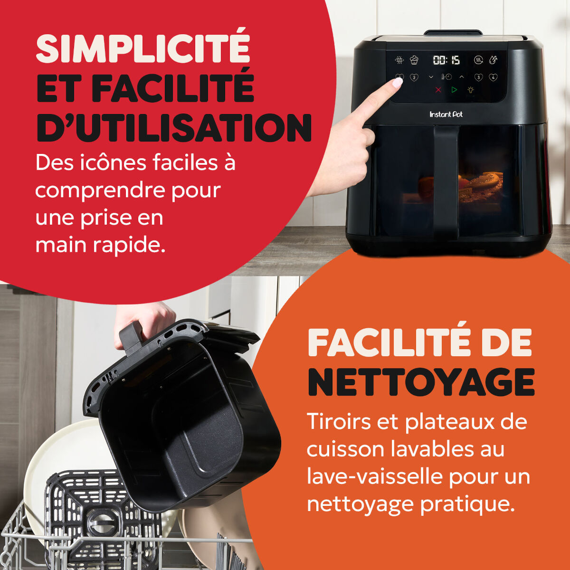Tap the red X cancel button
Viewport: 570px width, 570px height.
click(x=438, y=90)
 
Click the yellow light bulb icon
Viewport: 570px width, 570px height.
click(x=471, y=90)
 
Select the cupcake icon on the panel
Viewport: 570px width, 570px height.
click(x=414, y=60)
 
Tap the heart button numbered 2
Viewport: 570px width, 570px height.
click(x=414, y=77)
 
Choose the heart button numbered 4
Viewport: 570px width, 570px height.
click(x=493, y=77)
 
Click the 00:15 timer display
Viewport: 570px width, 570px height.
click(x=446, y=60)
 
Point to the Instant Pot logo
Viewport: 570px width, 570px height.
click(x=446, y=114)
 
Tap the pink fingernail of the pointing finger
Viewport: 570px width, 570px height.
click(x=397, y=82)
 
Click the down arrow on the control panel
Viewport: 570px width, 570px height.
click(x=431, y=77)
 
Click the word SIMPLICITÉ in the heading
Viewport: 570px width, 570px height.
click(x=143, y=48)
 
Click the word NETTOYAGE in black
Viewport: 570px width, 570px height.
click(x=421, y=382)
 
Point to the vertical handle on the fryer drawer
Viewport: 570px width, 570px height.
click(x=446, y=180)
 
